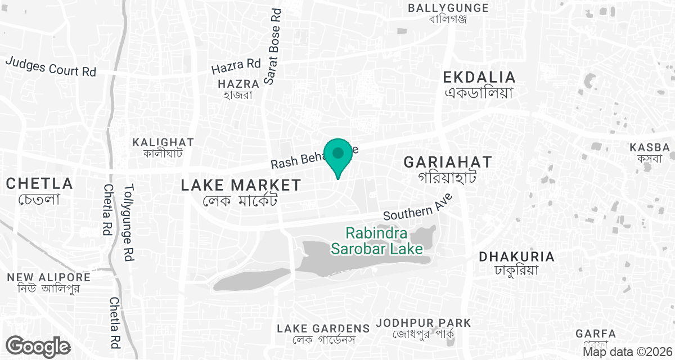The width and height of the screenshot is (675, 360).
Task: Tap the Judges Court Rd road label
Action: pos(51,66)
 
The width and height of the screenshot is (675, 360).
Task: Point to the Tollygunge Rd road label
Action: pos(129,223)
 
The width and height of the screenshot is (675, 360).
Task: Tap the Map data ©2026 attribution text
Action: pos(627,352)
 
